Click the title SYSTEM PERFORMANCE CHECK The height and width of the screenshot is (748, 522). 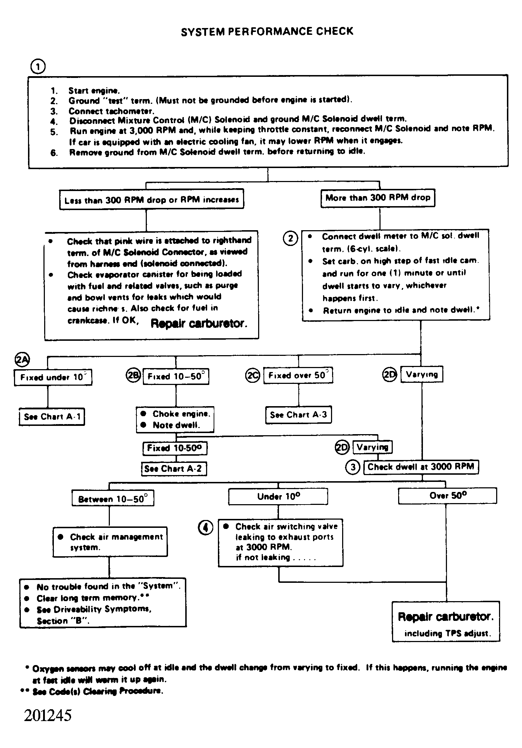[267, 32]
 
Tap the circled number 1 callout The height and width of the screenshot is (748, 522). [38, 67]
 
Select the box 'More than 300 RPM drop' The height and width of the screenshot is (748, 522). [377, 198]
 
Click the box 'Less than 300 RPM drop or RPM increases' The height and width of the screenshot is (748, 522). [152, 200]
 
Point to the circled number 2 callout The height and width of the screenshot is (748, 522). [291, 238]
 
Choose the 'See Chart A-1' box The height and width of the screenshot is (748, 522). [52, 417]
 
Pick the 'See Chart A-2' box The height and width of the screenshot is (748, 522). [174, 469]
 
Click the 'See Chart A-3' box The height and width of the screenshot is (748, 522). [298, 415]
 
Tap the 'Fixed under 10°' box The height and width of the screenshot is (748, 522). [53, 377]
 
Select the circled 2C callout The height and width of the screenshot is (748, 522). [252, 376]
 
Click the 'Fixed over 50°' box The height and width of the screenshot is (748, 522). [298, 376]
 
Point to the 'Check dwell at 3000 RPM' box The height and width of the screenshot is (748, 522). [421, 467]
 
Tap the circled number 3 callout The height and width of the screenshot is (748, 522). [353, 467]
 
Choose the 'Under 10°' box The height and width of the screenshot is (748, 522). [278, 497]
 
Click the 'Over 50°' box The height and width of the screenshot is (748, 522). [447, 496]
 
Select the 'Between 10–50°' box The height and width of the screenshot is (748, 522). [113, 499]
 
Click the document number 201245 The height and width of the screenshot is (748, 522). [48, 715]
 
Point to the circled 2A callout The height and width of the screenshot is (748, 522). [22, 359]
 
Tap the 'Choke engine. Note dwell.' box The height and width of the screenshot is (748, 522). [175, 419]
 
